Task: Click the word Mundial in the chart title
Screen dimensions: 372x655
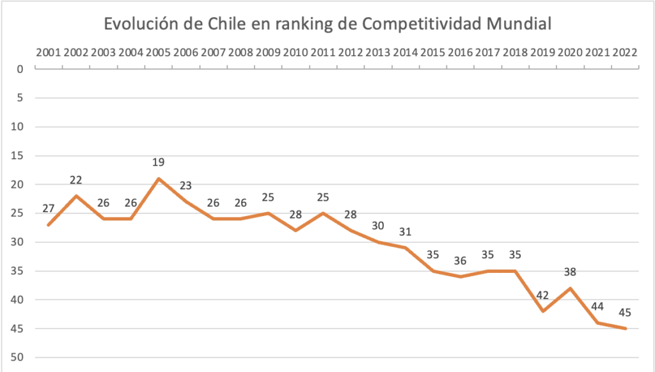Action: (x=518, y=24)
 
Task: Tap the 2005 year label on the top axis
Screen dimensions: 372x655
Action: (x=159, y=52)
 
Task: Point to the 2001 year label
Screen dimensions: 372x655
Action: (x=49, y=52)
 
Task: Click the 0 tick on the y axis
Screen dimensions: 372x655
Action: (x=20, y=69)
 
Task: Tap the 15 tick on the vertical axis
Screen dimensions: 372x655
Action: (x=17, y=155)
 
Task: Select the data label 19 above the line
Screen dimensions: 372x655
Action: (x=159, y=163)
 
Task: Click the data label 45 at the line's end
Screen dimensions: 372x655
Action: (x=625, y=313)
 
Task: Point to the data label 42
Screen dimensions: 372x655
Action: (x=542, y=296)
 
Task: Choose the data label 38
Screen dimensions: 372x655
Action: (x=570, y=272)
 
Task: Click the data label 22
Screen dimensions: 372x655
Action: (x=76, y=180)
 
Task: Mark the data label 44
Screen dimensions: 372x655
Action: (x=597, y=307)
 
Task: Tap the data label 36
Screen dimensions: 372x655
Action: (x=461, y=261)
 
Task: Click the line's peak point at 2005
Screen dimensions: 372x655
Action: (x=159, y=178)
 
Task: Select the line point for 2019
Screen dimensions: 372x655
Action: (x=542, y=311)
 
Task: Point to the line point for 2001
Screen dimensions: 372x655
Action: (x=49, y=225)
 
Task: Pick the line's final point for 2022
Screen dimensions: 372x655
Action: (x=625, y=329)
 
